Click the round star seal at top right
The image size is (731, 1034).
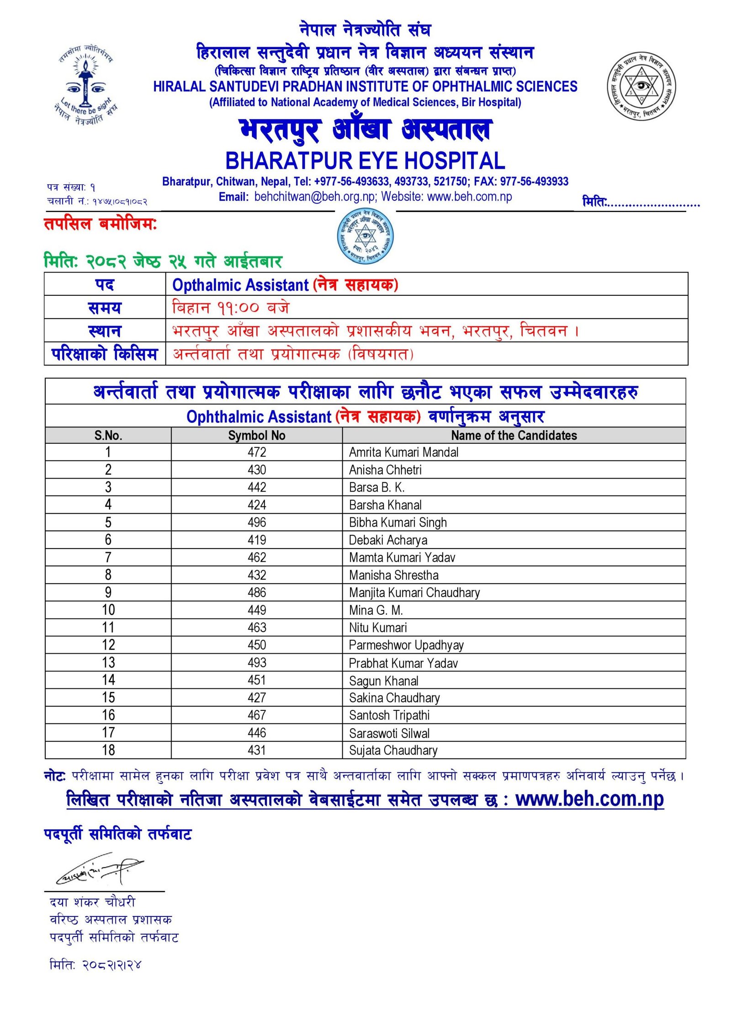tap(641, 86)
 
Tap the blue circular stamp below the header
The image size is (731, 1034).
tap(365, 236)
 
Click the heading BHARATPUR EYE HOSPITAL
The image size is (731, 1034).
tap(365, 161)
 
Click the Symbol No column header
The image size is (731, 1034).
tap(257, 435)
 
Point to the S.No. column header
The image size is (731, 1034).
tap(108, 435)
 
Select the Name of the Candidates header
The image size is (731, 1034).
tap(514, 435)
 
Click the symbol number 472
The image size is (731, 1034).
tap(257, 452)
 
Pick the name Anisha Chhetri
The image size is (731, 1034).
tap(385, 470)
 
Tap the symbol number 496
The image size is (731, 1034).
tap(257, 522)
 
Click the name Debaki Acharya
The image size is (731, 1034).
tap(388, 540)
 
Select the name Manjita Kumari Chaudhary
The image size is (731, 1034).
tap(414, 592)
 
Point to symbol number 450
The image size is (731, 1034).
tap(257, 645)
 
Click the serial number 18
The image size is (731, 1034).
tap(108, 750)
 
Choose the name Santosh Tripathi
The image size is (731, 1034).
tap(389, 715)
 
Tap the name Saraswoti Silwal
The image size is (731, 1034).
tap(389, 733)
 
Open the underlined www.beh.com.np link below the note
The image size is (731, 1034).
tap(589, 799)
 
